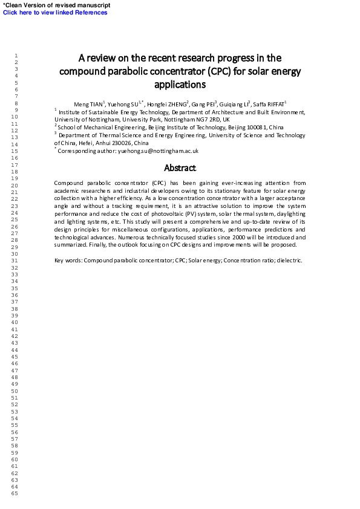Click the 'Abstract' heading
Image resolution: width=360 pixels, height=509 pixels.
tap(180, 168)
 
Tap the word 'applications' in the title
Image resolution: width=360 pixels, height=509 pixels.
tap(180, 85)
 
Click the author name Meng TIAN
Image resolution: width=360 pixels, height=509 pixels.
tap(88, 105)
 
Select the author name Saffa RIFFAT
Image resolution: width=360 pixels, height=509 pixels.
tap(270, 105)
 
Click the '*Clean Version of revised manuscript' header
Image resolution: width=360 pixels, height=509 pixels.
tap(57, 5)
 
